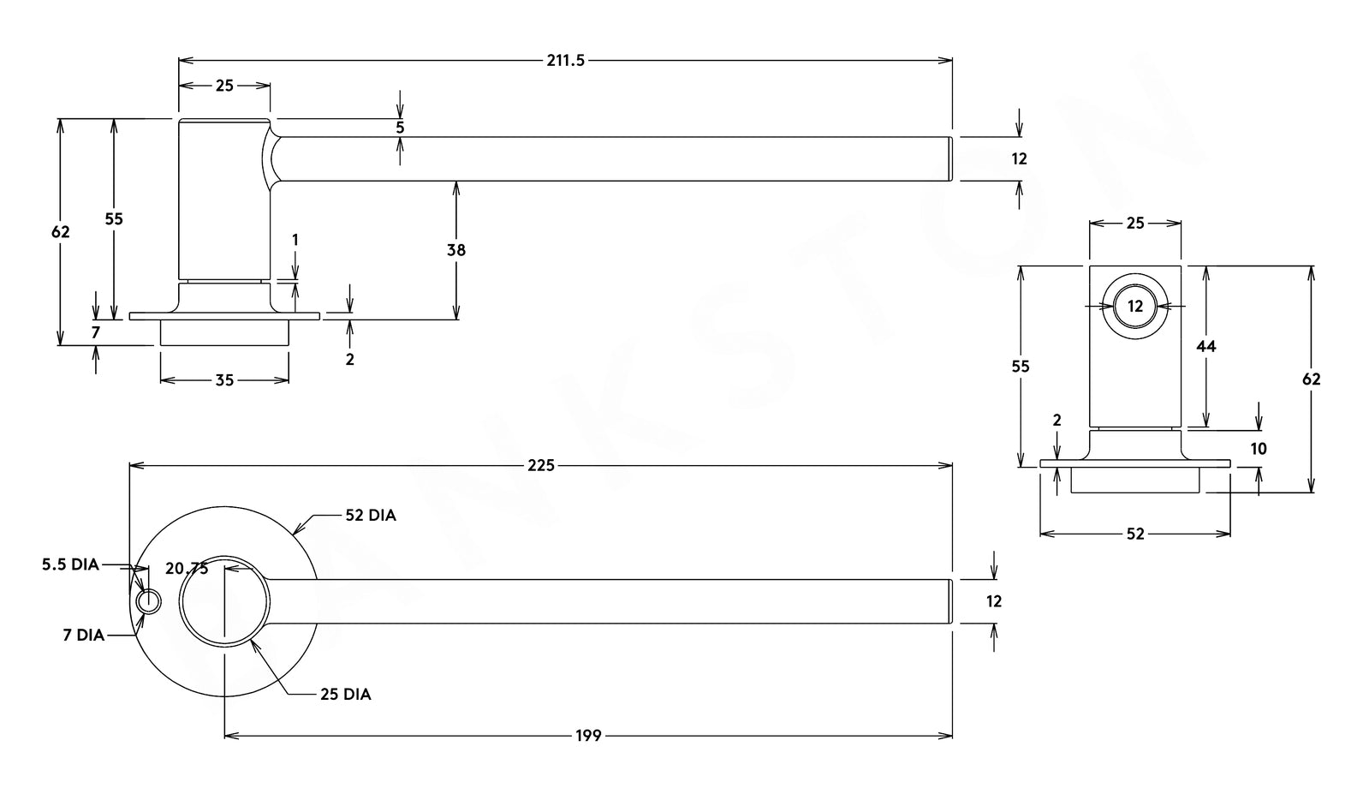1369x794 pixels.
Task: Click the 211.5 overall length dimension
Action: click(x=565, y=60)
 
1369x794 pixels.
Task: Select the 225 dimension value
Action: click(x=541, y=465)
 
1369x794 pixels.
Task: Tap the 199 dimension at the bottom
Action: click(x=588, y=735)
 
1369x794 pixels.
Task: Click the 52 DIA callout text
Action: click(x=371, y=516)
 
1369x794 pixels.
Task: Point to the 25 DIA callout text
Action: click(x=346, y=695)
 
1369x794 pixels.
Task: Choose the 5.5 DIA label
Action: click(x=70, y=565)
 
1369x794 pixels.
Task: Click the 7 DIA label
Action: click(x=83, y=635)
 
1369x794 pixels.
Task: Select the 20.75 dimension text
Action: click(x=187, y=569)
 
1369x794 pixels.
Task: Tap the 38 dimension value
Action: click(x=456, y=250)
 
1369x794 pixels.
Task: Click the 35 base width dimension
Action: click(x=224, y=379)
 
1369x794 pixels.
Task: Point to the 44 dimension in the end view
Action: click(x=1206, y=346)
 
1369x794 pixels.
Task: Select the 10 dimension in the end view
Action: click(x=1259, y=449)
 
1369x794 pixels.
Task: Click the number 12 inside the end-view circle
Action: click(x=1135, y=307)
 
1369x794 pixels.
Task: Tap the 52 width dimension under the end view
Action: click(x=1135, y=534)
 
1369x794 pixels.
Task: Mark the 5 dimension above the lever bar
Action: click(x=400, y=128)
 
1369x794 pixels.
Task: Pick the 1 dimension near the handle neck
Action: click(x=295, y=241)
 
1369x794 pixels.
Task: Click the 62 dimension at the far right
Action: click(x=1312, y=379)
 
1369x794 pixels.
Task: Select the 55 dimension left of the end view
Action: click(x=1021, y=367)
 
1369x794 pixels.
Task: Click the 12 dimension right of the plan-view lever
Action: click(x=994, y=601)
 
